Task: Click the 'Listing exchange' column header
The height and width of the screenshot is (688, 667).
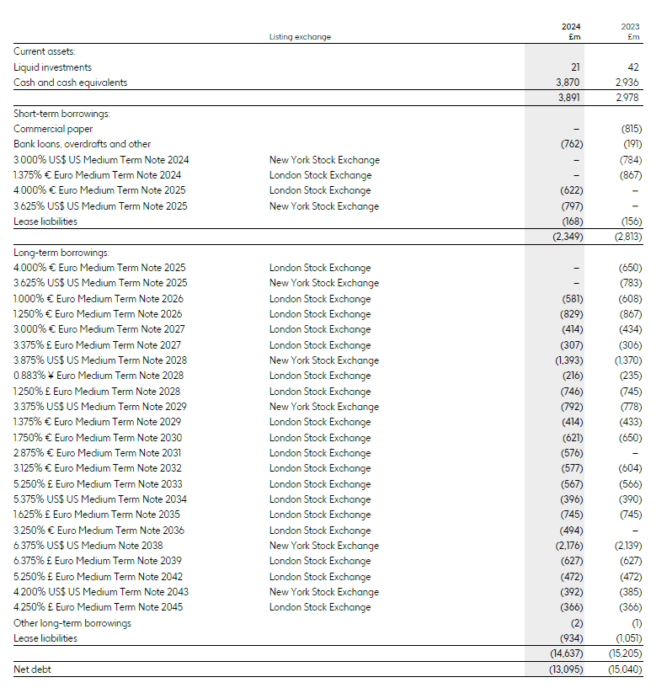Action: coord(300,36)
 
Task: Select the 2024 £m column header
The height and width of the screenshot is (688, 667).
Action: coord(572,31)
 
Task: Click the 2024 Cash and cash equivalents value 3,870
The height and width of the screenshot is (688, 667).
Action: coord(568,83)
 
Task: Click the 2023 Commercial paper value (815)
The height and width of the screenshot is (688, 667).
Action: coord(630,129)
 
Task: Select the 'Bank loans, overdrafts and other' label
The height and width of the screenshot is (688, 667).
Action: coord(83,144)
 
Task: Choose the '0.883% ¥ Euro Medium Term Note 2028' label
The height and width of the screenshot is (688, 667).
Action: coord(98,376)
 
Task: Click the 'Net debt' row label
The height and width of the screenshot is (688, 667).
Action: coord(33,669)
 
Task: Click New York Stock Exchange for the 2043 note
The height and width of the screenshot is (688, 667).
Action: coord(323,592)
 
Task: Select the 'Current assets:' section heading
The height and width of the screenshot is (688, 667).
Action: coord(45,51)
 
